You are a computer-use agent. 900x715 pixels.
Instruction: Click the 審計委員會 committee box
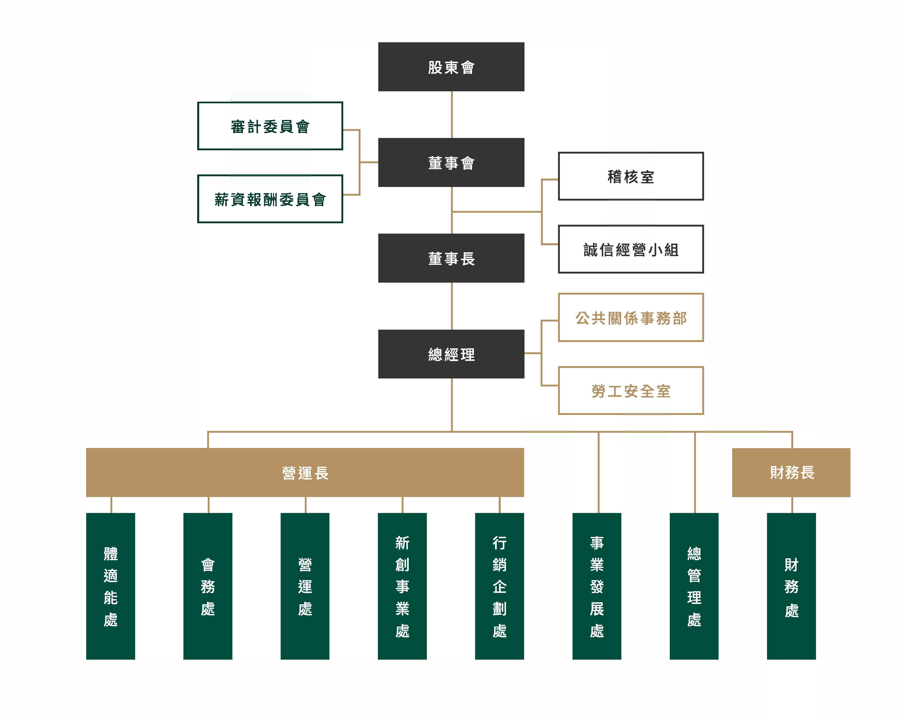[270, 126]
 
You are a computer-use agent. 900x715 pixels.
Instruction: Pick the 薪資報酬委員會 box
[270, 199]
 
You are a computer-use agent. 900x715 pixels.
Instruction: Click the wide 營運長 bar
[305, 472]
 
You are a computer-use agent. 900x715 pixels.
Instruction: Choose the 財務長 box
[791, 472]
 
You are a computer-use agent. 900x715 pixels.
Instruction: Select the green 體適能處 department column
[111, 586]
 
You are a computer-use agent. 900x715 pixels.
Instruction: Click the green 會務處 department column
[208, 586]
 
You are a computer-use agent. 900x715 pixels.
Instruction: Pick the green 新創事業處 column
[402, 586]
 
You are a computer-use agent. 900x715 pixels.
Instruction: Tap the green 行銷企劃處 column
[499, 586]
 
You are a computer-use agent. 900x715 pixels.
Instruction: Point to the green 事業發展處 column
[596, 586]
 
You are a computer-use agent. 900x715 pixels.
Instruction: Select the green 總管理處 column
[694, 586]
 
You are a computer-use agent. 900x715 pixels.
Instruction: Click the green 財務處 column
[791, 586]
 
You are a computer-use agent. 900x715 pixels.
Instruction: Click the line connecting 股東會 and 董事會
[452, 114]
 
